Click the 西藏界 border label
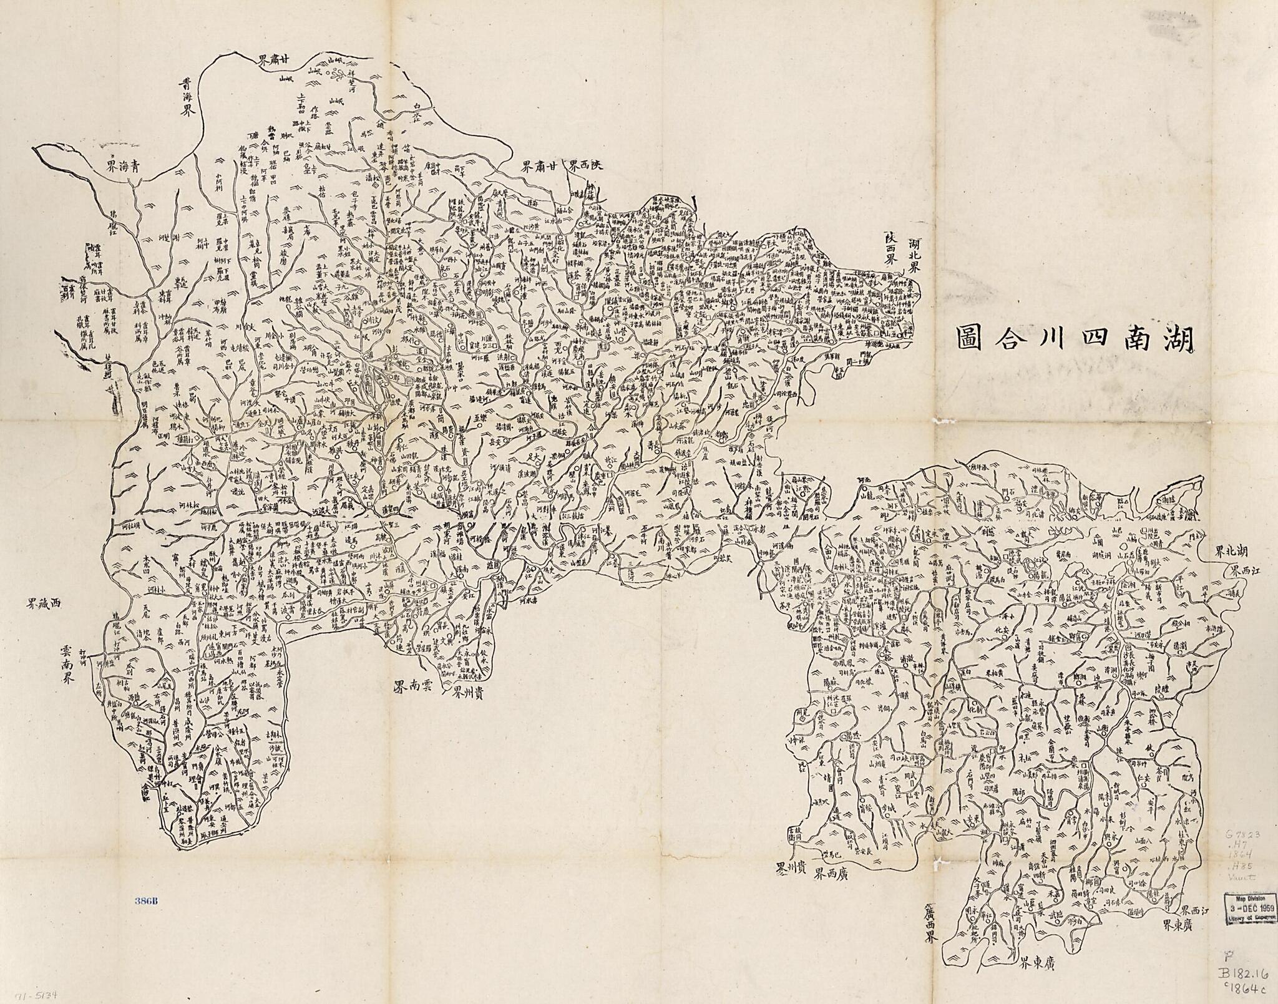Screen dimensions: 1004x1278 (x=44, y=604)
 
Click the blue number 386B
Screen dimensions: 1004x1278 (x=147, y=901)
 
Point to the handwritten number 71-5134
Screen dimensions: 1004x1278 (x=34, y=992)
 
